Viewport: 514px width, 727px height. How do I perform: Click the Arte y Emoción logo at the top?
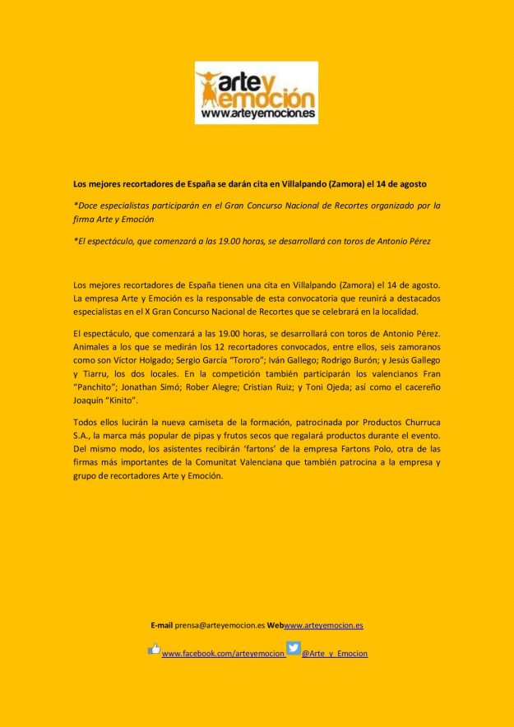pyautogui.click(x=256, y=96)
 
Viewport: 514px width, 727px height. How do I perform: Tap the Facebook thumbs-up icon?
pyautogui.click(x=154, y=649)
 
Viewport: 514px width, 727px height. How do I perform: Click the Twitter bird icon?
pyautogui.click(x=293, y=648)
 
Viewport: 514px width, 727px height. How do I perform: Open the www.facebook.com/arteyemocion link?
pyautogui.click(x=223, y=654)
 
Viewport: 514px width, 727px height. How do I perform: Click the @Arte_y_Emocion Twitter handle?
pyautogui.click(x=335, y=654)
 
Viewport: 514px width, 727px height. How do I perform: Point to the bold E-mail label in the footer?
pyautogui.click(x=161, y=625)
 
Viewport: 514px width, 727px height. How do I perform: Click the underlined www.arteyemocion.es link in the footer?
pyautogui.click(x=323, y=625)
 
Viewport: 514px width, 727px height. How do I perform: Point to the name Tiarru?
pyautogui.click(x=97, y=372)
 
